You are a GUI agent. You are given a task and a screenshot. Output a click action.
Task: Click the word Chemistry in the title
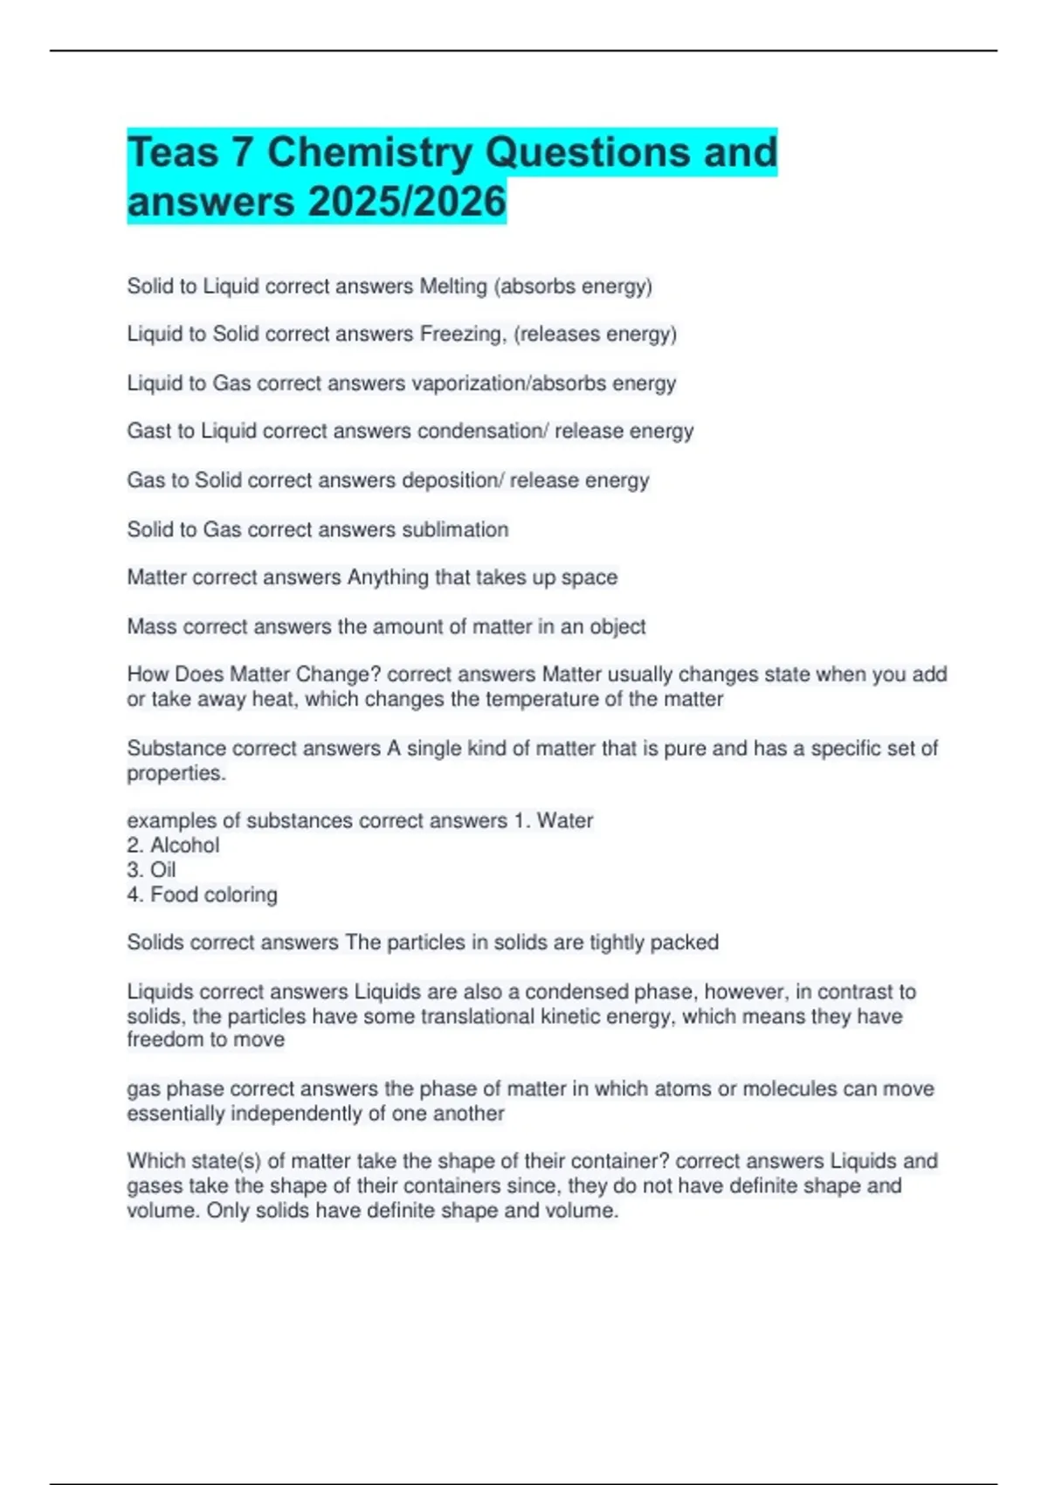tap(369, 153)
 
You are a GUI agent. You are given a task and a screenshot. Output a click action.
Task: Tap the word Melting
tap(453, 287)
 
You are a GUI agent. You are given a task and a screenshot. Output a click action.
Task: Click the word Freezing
tap(462, 335)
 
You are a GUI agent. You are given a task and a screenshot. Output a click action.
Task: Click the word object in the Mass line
tap(617, 626)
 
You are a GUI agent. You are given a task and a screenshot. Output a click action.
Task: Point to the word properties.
tap(176, 774)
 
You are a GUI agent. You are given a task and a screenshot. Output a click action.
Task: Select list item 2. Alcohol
tap(173, 846)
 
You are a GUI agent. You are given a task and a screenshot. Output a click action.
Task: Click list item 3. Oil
tap(151, 870)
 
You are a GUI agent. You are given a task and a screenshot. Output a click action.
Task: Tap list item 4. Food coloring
tap(202, 894)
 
